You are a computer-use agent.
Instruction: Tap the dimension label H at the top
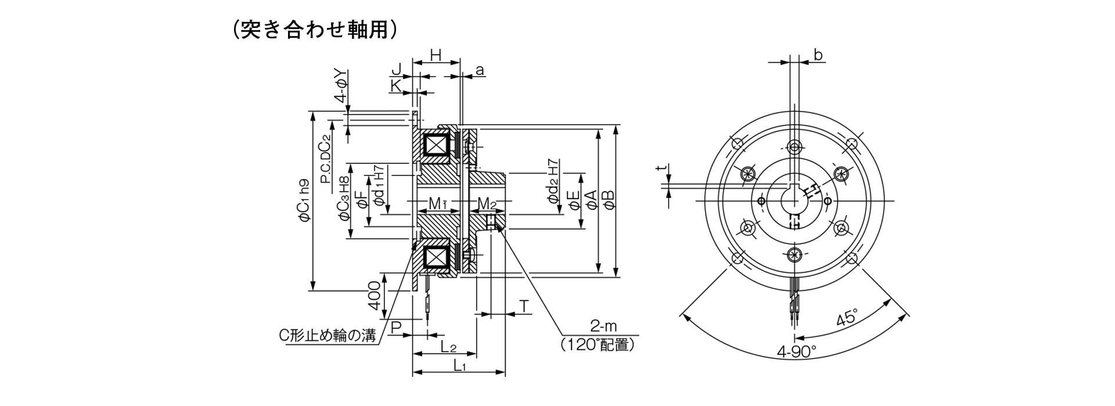(436, 55)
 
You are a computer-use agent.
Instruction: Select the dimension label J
(397, 70)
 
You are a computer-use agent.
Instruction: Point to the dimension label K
(396, 85)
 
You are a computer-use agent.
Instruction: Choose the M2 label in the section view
(487, 204)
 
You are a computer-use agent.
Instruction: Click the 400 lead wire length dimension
(374, 296)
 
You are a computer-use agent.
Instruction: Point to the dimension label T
(524, 306)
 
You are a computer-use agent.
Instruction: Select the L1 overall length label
(460, 365)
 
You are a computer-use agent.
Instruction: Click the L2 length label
(448, 347)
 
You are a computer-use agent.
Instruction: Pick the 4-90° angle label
(797, 351)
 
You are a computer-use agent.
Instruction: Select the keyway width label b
(818, 55)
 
